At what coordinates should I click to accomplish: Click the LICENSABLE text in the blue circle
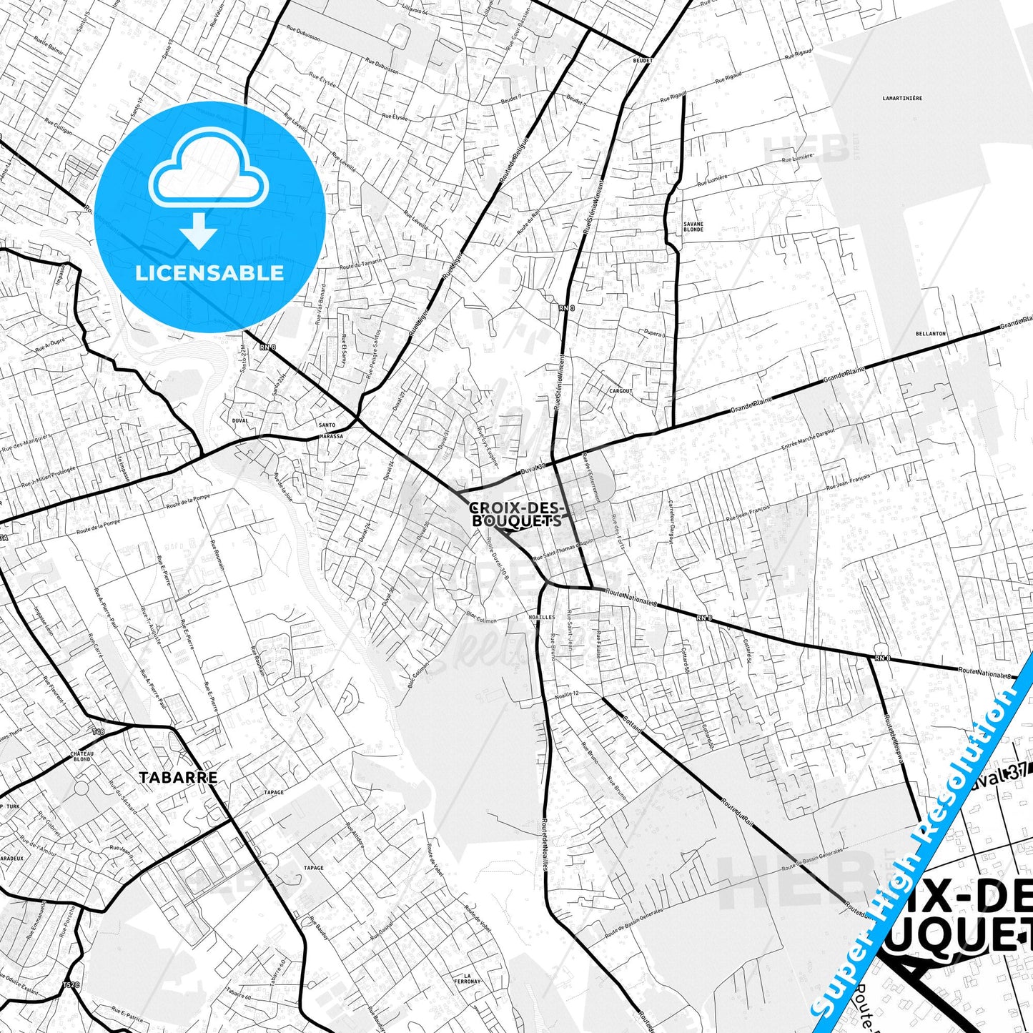pos(209,273)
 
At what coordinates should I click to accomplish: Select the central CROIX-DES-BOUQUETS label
pos(517,515)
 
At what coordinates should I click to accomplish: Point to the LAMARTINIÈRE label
pos(902,99)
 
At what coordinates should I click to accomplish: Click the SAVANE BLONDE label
pos(693,227)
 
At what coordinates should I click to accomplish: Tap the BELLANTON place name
pos(930,334)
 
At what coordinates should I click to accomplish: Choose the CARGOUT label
pos(621,391)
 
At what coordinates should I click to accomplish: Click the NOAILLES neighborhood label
pos(541,617)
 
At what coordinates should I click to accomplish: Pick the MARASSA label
pos(331,436)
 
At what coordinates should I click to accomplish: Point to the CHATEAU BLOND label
pos(81,756)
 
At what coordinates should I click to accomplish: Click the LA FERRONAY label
pos(468,978)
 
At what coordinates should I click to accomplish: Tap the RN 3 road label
pos(565,307)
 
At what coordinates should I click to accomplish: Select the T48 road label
pos(98,732)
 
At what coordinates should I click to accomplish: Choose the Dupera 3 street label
pos(653,334)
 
